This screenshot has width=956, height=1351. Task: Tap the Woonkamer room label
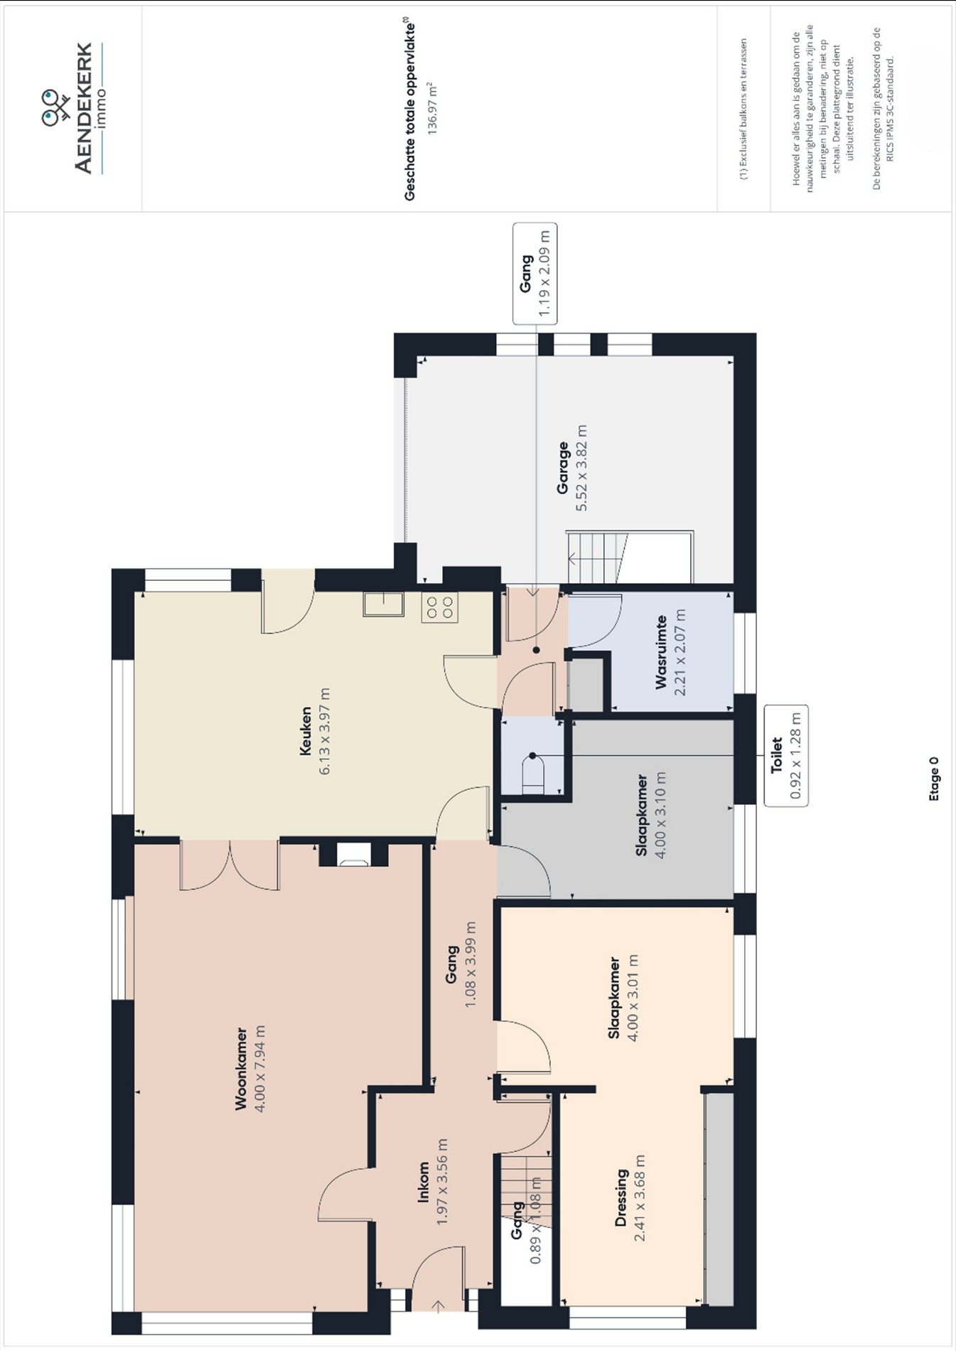(x=241, y=1068)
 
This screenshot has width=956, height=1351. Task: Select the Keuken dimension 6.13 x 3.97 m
(x=325, y=731)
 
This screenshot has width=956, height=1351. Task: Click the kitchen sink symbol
(x=384, y=604)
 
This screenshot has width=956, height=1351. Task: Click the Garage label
(x=563, y=468)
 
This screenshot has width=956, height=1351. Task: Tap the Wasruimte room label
(x=661, y=653)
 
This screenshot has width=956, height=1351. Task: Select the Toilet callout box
(x=786, y=756)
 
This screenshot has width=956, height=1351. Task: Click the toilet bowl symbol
(x=533, y=775)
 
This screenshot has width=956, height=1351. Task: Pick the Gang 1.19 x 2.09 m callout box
(x=535, y=274)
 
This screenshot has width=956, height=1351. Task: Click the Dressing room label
(x=621, y=1198)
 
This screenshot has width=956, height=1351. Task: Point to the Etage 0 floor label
(x=934, y=779)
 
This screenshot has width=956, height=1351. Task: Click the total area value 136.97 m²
(x=431, y=109)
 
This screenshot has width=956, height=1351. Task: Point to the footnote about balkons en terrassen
(x=743, y=109)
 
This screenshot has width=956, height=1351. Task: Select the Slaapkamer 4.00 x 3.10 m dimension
(x=661, y=815)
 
